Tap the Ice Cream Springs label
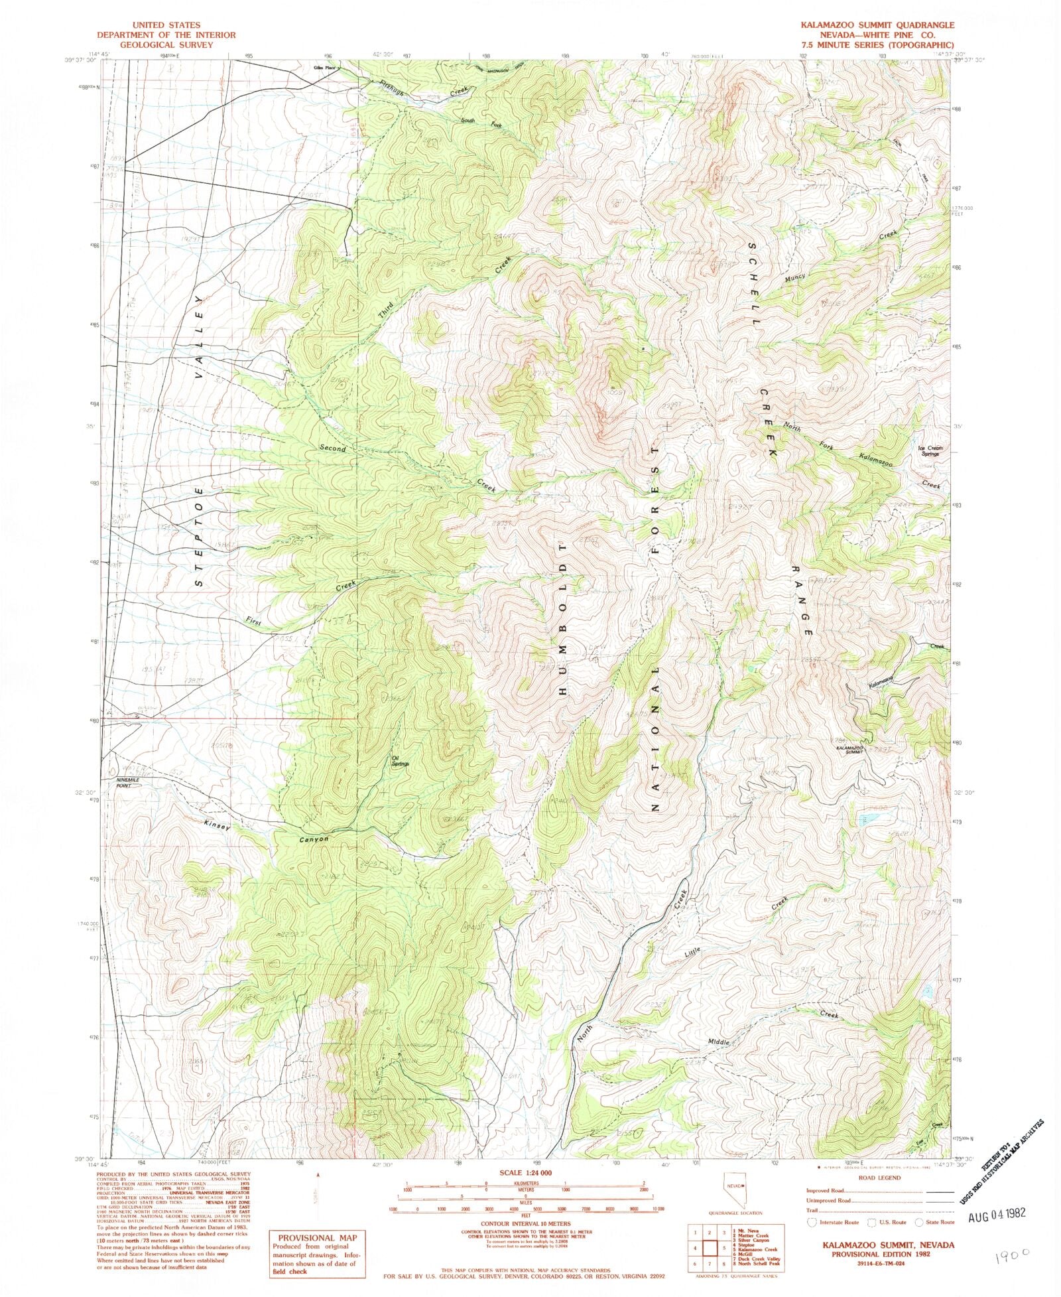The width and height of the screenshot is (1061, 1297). click(930, 451)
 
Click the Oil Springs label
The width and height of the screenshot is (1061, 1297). click(400, 762)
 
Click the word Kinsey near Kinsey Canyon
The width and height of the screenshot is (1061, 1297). click(218, 826)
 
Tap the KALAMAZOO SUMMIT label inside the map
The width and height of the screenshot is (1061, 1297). click(853, 749)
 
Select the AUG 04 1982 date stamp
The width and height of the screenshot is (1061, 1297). click(997, 1213)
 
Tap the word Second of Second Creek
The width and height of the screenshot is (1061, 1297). click(333, 448)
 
